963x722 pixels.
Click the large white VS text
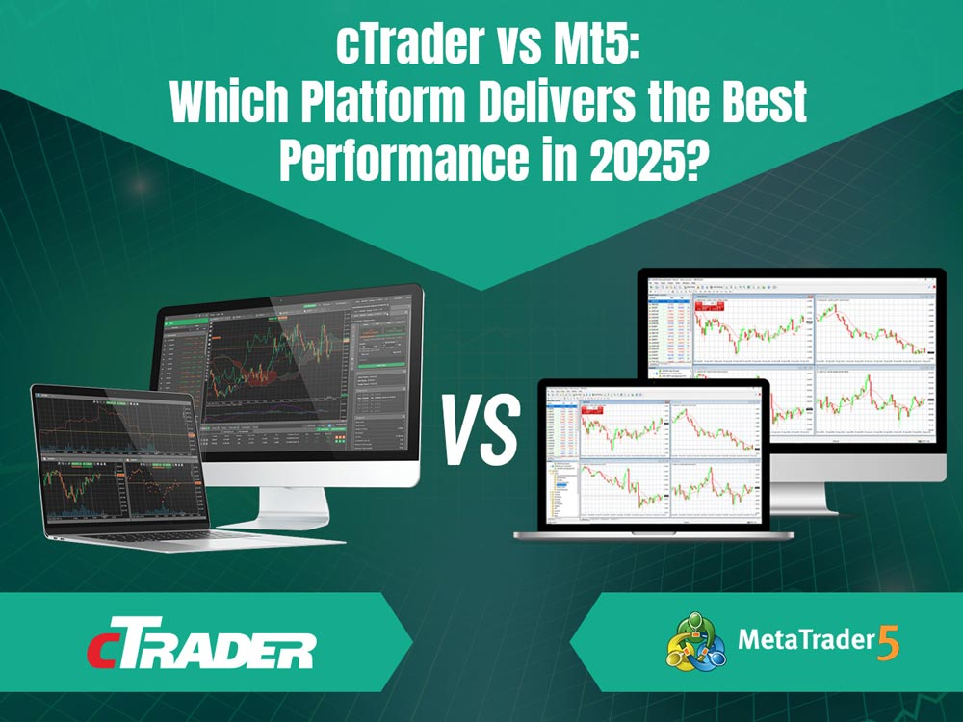click(x=481, y=425)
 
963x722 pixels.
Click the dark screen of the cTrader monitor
click(x=289, y=375)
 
